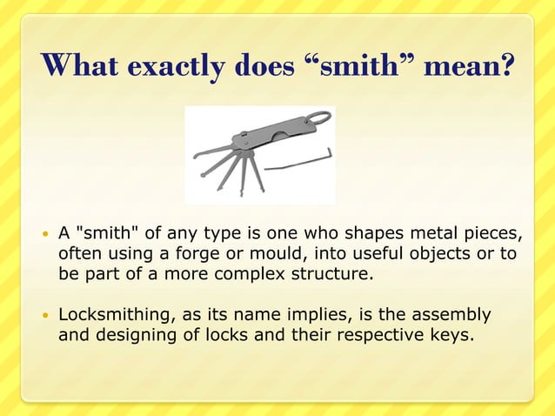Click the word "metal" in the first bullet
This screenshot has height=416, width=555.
pyautogui.click(x=438, y=234)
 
